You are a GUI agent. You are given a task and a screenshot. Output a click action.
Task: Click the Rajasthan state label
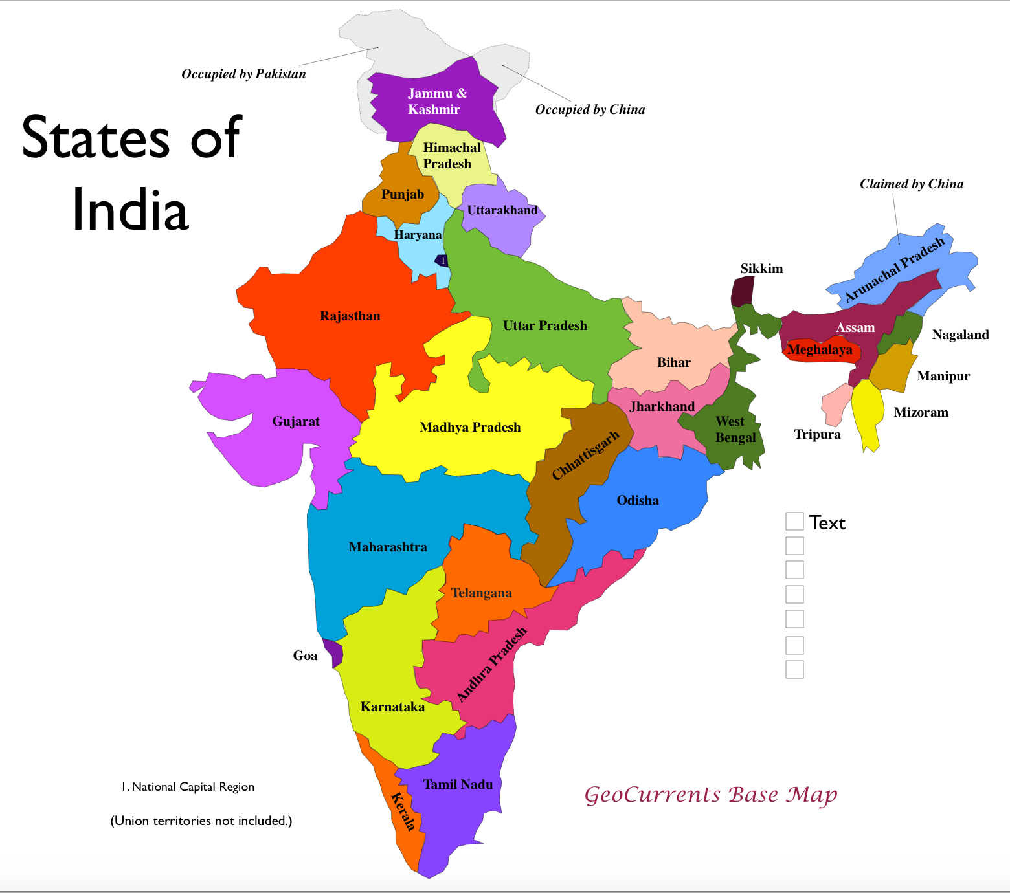pyautogui.click(x=350, y=316)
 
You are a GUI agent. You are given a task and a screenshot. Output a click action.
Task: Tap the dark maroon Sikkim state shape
pyautogui.click(x=743, y=292)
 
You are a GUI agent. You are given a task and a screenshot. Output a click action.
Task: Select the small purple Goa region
pyautogui.click(x=333, y=652)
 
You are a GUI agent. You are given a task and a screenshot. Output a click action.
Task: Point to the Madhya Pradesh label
pyautogui.click(x=470, y=427)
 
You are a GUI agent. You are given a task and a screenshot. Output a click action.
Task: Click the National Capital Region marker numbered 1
pyautogui.click(x=443, y=261)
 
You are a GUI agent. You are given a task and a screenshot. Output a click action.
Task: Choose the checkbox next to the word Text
pyautogui.click(x=794, y=522)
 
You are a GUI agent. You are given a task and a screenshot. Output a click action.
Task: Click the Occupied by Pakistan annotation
pyautogui.click(x=243, y=74)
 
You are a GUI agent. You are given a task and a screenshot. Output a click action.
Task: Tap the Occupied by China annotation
pyautogui.click(x=590, y=109)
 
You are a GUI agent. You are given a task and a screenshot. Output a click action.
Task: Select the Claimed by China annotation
pyautogui.click(x=911, y=184)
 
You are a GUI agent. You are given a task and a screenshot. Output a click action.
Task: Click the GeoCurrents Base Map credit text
pyautogui.click(x=710, y=794)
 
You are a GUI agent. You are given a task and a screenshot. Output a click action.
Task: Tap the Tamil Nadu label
pyautogui.click(x=458, y=784)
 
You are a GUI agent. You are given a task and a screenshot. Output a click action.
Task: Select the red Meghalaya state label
pyautogui.click(x=820, y=350)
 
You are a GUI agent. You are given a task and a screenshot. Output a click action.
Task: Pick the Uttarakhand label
pyautogui.click(x=502, y=210)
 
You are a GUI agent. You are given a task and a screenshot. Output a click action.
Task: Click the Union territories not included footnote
pyautogui.click(x=201, y=821)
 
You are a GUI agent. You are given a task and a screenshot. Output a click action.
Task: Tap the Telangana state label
pyautogui.click(x=481, y=593)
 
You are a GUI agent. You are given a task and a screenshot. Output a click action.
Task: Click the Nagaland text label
pyautogui.click(x=960, y=335)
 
